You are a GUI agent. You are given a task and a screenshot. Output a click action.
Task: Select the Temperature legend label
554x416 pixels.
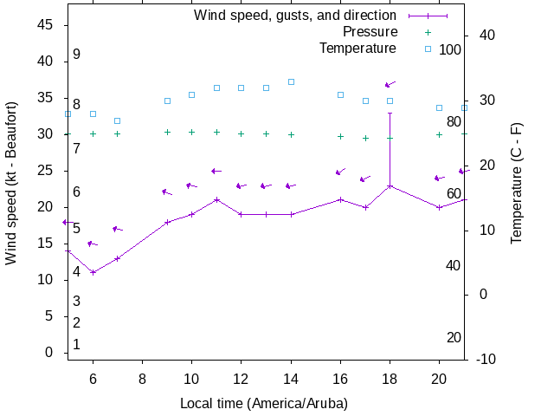point(358,49)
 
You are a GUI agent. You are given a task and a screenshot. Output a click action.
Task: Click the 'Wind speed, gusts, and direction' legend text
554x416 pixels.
point(294,16)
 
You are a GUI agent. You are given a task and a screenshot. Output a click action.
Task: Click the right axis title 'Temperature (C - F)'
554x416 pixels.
point(517,183)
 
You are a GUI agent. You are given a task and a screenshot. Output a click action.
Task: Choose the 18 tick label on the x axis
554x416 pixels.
point(390,379)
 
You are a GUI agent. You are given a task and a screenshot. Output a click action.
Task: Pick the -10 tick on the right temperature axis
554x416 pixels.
point(485,360)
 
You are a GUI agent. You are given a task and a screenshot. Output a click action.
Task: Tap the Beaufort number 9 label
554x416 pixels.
point(76,55)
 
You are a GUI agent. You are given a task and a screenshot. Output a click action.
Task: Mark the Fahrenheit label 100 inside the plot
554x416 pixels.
point(450,49)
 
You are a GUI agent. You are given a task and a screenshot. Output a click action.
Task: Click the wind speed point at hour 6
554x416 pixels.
point(93,272)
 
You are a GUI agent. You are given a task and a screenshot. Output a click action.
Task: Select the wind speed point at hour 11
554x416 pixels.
point(216,199)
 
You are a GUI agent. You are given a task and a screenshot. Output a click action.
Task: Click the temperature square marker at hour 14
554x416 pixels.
point(291,81)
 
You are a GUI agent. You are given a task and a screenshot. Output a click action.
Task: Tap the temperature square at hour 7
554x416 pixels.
point(118,120)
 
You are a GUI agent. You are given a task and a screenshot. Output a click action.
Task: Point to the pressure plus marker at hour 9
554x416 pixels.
point(167,132)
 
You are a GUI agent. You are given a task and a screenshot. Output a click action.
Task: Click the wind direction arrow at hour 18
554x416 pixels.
point(390,85)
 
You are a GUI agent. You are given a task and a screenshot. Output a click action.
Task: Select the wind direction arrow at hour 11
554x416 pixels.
point(216,171)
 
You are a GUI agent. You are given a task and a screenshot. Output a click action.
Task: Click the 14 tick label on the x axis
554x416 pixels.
point(291,379)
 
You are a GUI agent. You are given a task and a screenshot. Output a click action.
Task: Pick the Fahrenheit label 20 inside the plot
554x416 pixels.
point(454,337)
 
